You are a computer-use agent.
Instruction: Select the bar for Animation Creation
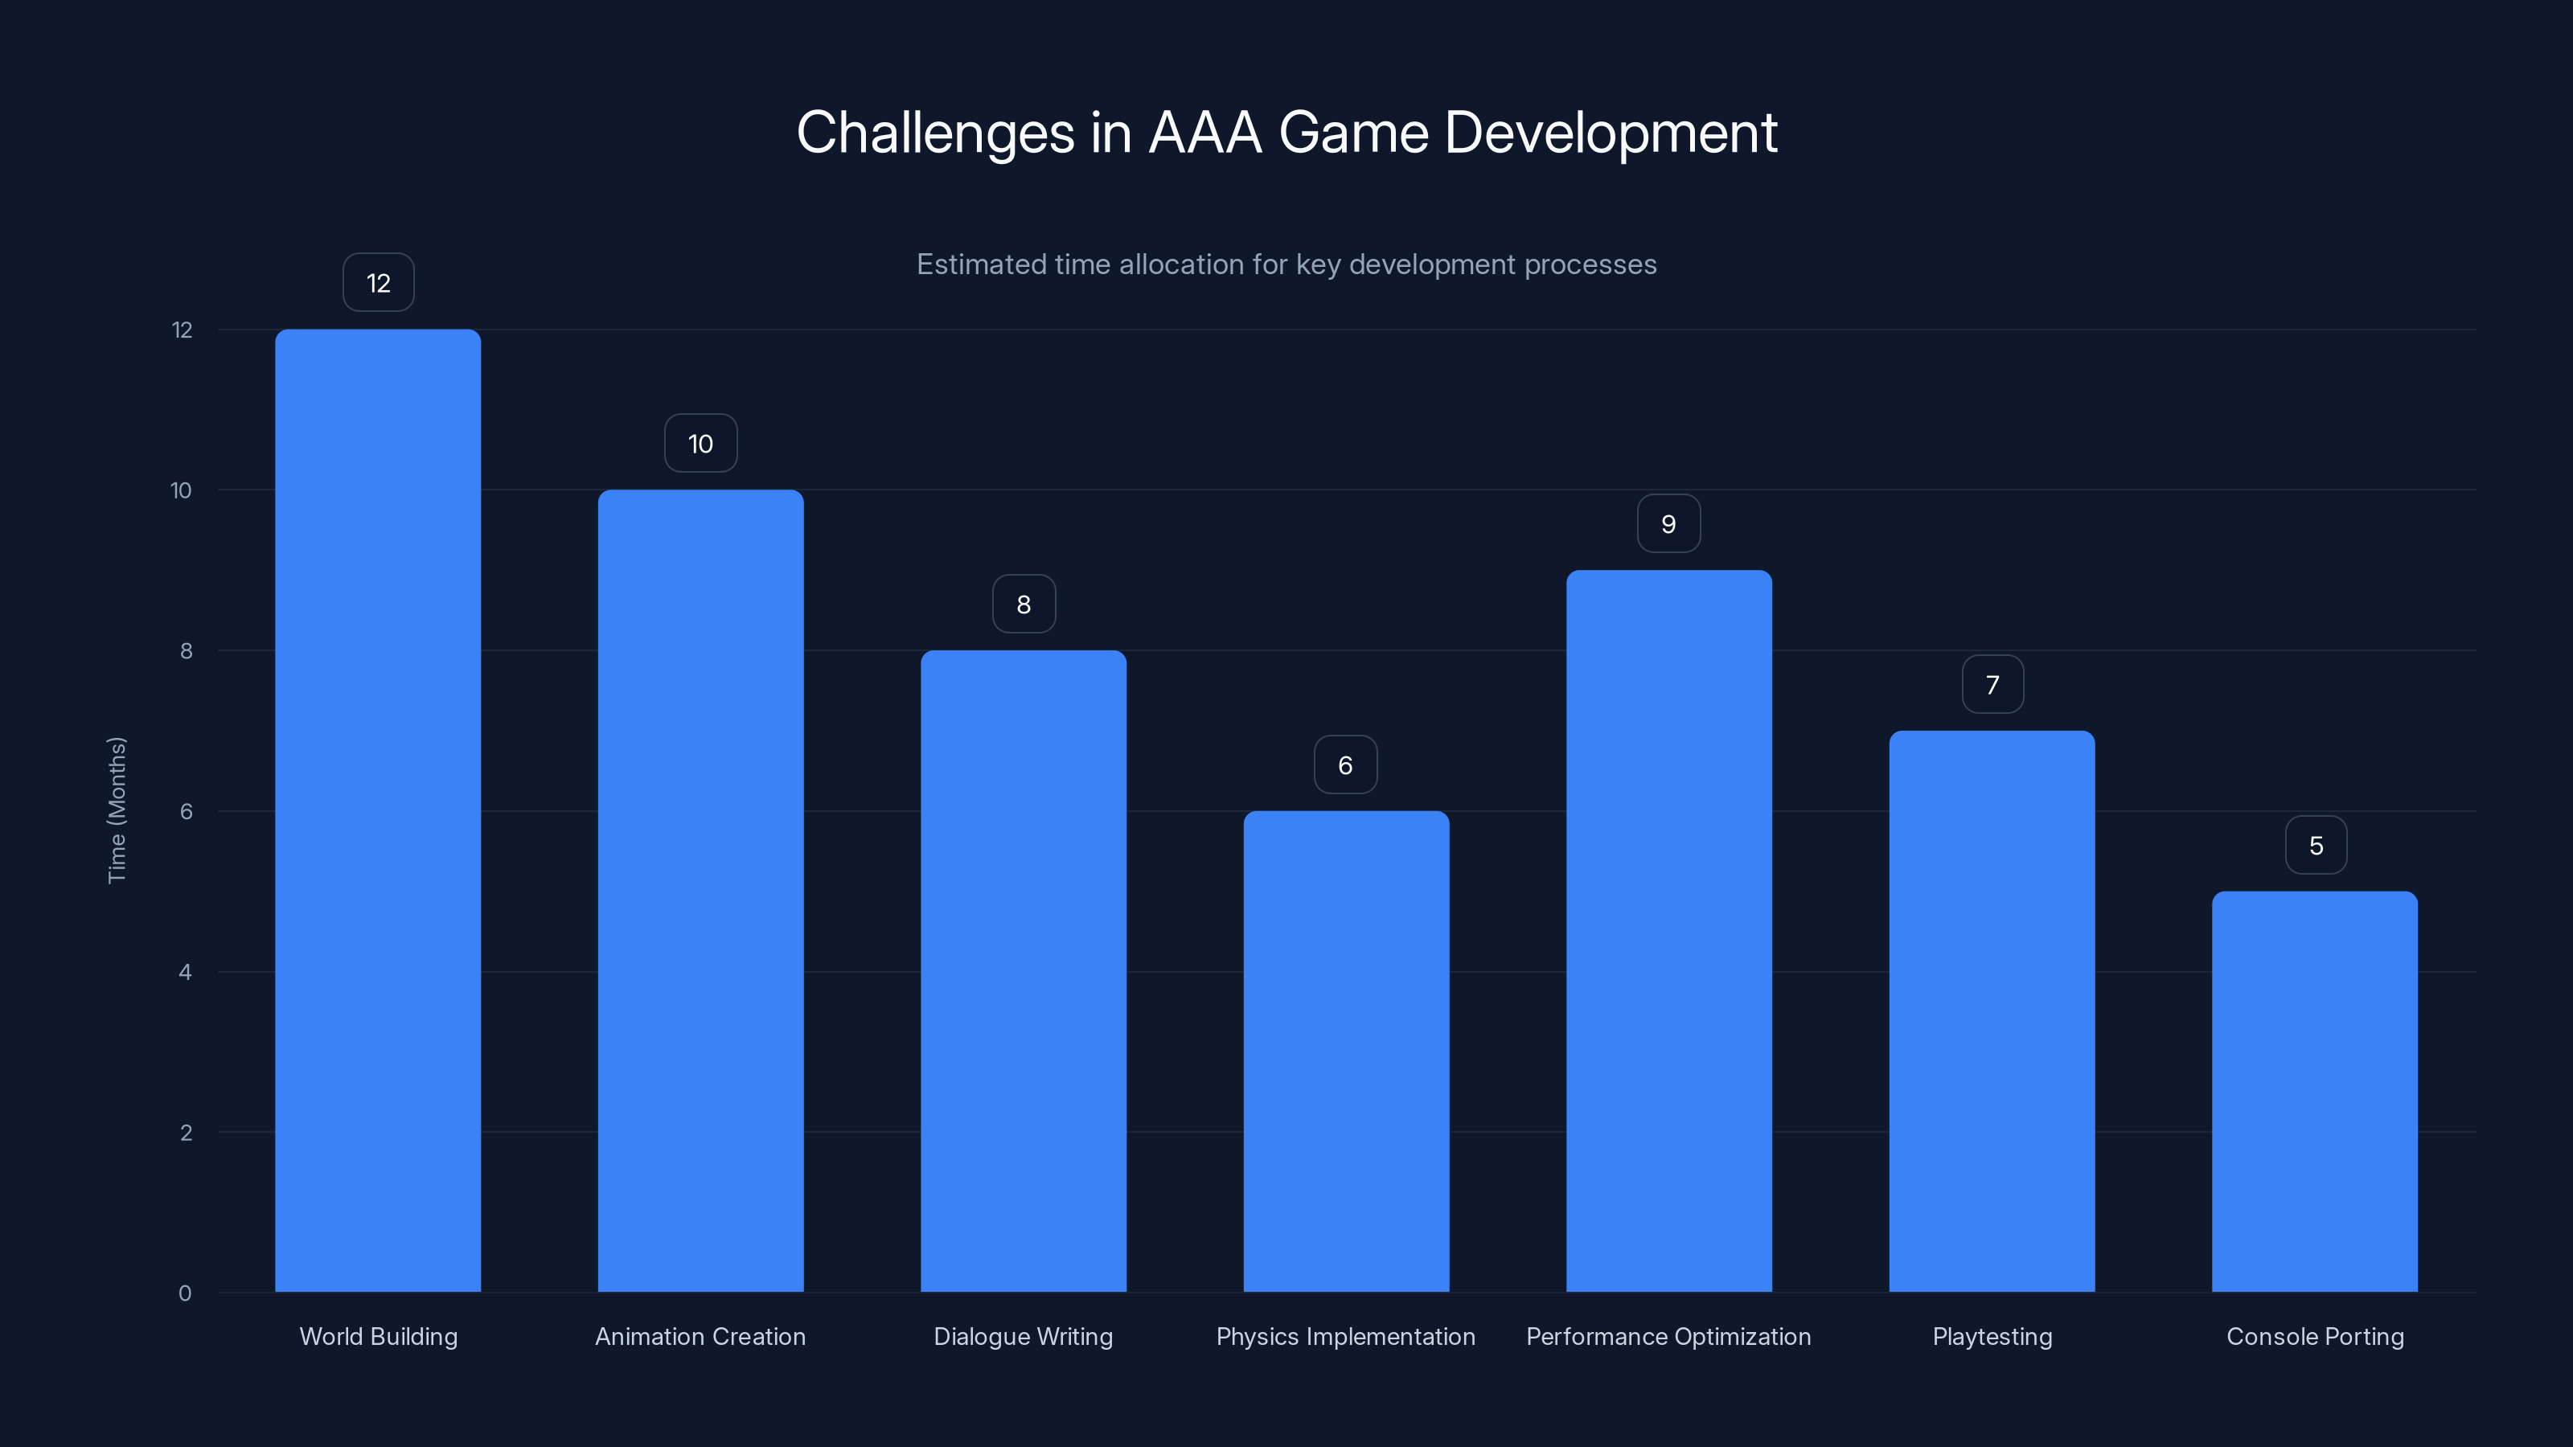tap(700, 890)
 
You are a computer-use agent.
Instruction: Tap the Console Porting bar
tap(2314, 1091)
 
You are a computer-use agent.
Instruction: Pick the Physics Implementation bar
tap(1345, 1051)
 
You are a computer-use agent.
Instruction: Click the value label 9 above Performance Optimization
tap(1668, 523)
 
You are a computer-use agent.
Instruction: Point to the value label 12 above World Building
tap(378, 283)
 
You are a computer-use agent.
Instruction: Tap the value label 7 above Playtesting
tap(1992, 684)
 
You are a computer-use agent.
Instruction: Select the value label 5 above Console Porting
tap(2316, 845)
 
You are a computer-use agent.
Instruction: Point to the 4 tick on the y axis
tap(185, 972)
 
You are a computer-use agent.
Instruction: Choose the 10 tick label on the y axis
tap(181, 490)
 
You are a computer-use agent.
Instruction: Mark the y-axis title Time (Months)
tap(117, 810)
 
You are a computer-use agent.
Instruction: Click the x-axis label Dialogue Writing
tap(1023, 1336)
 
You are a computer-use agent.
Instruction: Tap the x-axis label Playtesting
tap(1992, 1336)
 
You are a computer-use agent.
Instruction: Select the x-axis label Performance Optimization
tap(1668, 1336)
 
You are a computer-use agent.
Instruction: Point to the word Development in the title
tap(1610, 133)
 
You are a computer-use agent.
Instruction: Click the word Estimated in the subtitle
tap(982, 264)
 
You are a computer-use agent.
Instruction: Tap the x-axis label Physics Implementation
tap(1345, 1336)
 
